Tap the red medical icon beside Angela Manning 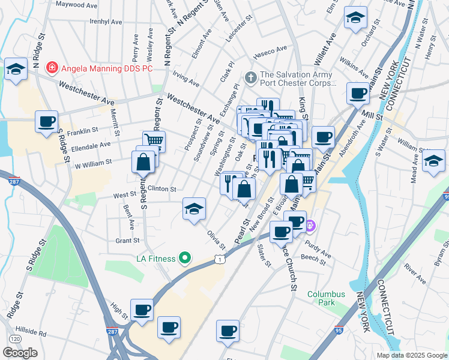(x=53, y=68)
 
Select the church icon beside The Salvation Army (x=250, y=77)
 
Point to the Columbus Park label (x=326, y=298)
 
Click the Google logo (x=20, y=353)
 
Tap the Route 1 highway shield (x=220, y=259)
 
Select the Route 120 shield (x=15, y=339)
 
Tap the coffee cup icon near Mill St (x=358, y=94)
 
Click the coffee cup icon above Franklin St (x=46, y=122)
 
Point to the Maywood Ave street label (x=76, y=5)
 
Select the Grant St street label (x=127, y=241)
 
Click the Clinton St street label (x=161, y=188)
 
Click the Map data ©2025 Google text (x=412, y=355)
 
